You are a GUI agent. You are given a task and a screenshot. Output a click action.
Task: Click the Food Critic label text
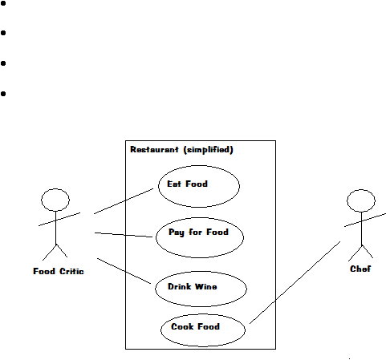59,271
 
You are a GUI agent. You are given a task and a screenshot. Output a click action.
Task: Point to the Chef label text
360,269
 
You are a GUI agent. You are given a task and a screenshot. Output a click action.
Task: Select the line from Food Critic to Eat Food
124,201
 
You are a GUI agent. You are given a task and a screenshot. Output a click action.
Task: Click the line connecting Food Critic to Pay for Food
124,235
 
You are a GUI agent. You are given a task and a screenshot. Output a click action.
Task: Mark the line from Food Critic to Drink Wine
124,271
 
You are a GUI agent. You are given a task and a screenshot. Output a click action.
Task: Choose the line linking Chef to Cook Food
295,282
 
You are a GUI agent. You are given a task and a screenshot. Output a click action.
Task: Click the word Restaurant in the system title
154,149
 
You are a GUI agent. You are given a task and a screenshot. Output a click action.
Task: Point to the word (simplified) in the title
209,150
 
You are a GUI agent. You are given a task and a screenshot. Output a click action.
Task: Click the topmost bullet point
3,3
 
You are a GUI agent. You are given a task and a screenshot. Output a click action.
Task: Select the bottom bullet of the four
3,94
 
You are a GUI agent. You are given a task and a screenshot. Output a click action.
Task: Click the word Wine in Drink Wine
206,286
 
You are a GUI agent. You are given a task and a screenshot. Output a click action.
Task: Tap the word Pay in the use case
177,233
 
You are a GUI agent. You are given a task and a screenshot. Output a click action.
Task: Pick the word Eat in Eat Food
174,184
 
